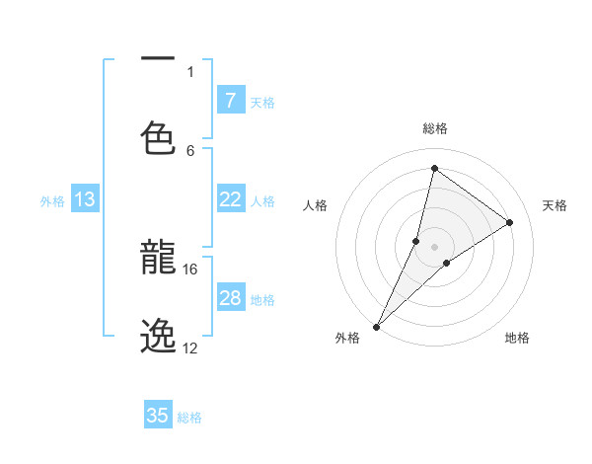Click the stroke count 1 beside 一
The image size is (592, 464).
click(190, 71)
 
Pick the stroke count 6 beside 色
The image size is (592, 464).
click(190, 150)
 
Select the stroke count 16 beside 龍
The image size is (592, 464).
click(190, 269)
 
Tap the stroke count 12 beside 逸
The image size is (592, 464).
click(190, 348)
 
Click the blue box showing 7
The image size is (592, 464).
click(230, 101)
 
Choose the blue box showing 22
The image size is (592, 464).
click(230, 199)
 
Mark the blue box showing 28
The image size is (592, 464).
click(230, 298)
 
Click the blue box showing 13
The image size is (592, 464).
click(85, 199)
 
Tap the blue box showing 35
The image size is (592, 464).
click(158, 416)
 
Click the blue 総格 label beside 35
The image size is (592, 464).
click(189, 418)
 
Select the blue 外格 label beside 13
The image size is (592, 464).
click(52, 201)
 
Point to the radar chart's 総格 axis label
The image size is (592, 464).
click(435, 128)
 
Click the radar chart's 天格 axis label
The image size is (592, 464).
click(555, 205)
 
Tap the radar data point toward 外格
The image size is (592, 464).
click(376, 326)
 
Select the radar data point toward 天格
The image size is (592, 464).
click(510, 223)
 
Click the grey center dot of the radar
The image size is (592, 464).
click(434, 247)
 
